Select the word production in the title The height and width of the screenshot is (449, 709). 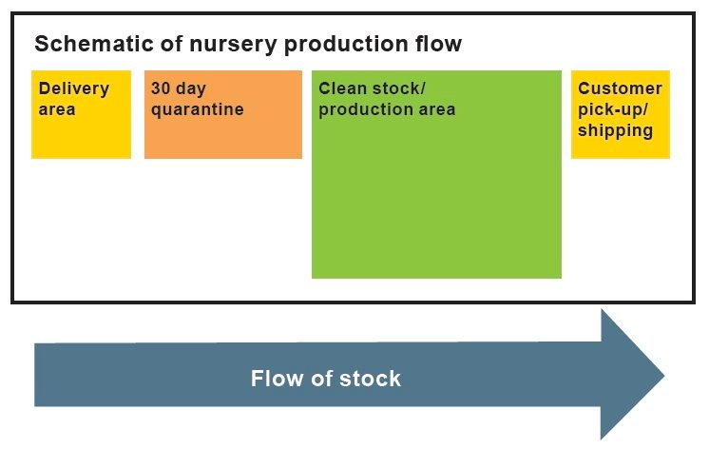(x=346, y=45)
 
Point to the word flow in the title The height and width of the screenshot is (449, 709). (x=438, y=44)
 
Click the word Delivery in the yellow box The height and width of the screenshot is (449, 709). (x=74, y=89)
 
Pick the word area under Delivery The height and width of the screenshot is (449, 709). (x=57, y=109)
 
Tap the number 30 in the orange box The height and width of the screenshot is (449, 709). (x=161, y=88)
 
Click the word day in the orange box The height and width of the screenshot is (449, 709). (x=191, y=89)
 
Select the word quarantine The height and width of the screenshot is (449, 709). (x=198, y=110)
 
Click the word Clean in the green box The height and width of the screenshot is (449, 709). (x=342, y=88)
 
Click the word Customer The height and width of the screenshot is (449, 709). (x=620, y=88)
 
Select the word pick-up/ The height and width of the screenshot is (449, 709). (x=613, y=110)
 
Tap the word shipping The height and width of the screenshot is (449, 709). (x=616, y=131)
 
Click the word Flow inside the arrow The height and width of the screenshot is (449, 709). (x=277, y=378)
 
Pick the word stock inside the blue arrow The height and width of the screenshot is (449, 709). (x=371, y=378)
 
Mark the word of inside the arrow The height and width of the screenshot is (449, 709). (x=321, y=378)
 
